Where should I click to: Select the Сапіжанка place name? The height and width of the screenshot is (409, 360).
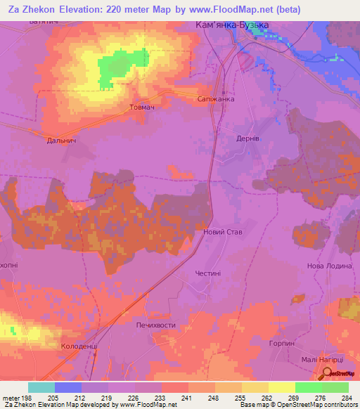coord(215,100)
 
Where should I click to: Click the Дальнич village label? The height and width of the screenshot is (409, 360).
coord(62,141)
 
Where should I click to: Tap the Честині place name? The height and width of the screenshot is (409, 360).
coord(208,274)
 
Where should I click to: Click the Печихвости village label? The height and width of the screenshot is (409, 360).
coord(155,326)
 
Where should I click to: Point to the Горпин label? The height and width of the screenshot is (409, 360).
coord(281,343)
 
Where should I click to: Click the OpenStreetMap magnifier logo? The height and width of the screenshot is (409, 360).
coord(328,373)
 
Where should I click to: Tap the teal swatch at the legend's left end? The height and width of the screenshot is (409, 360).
coord(41,387)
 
